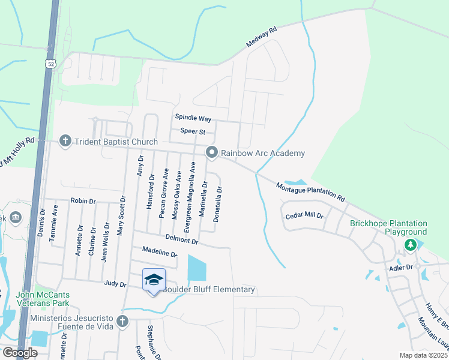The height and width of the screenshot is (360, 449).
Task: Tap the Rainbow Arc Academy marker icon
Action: (x=211, y=153)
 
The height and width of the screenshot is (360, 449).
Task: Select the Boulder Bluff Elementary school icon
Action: (x=153, y=280)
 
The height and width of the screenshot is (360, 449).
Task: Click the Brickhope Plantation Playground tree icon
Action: (x=411, y=245)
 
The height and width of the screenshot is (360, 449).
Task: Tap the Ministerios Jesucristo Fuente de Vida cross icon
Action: (x=122, y=321)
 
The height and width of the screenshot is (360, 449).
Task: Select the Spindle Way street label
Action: (x=193, y=118)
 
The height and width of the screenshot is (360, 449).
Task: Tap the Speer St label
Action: (x=193, y=131)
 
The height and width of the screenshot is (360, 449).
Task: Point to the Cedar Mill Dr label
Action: (x=304, y=216)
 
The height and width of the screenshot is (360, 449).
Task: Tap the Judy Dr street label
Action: (x=115, y=284)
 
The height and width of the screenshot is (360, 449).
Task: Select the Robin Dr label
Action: (x=83, y=200)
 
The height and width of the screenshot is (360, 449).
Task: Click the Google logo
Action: (x=20, y=353)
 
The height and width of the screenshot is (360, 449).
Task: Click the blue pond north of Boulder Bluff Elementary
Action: (x=196, y=268)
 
